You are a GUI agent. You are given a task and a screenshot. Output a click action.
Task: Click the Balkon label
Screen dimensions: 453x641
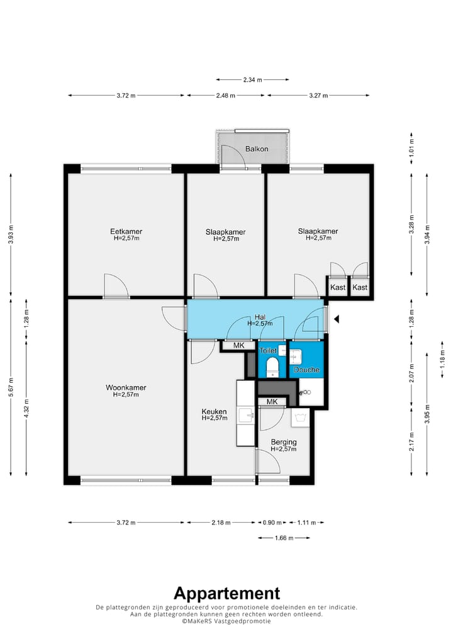pos(257,149)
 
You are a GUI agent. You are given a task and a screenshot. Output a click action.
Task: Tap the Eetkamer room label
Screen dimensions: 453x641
pos(126,231)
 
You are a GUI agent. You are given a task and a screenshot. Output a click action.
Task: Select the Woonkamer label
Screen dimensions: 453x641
pos(126,387)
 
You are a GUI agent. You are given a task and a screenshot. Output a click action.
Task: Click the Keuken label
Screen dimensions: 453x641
pos(214,411)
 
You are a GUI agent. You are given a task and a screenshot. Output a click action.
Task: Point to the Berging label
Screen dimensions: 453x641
pos(284,442)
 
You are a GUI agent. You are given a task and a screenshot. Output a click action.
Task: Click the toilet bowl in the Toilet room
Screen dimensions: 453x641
pos(272,366)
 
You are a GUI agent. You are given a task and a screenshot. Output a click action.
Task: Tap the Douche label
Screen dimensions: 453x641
pos(306,370)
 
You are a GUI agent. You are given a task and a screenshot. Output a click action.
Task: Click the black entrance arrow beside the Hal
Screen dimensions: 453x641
pos(337,319)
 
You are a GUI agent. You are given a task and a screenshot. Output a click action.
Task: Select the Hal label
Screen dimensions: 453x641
pos(260,317)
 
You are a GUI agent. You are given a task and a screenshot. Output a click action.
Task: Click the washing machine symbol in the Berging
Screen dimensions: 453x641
pos(300,418)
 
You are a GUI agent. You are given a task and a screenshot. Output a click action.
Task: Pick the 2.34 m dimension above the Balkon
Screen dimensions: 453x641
pos(252,80)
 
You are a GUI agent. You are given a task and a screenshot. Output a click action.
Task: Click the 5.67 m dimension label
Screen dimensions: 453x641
pos(11,387)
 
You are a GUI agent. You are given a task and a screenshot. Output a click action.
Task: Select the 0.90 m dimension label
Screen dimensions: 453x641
pos(272,523)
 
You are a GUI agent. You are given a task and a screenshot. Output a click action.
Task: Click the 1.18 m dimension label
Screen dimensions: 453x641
pos(442,359)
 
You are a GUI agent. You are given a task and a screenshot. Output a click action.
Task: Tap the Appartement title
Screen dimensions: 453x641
pos(226,593)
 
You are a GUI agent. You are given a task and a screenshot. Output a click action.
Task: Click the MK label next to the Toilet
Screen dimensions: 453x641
pos(238,346)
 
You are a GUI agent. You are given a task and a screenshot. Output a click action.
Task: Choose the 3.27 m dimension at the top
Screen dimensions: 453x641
pos(318,95)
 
